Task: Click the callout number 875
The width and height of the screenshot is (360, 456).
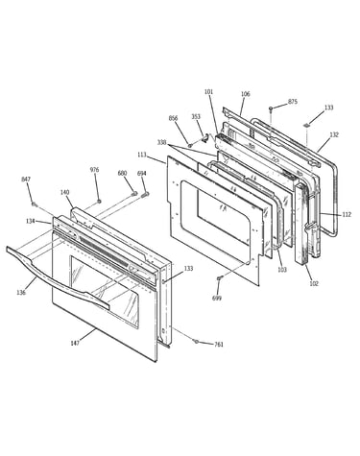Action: [x=293, y=102]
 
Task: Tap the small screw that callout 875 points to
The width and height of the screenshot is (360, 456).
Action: [x=271, y=108]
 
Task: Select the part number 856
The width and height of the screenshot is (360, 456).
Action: [x=173, y=118]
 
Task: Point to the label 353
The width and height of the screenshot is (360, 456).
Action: [x=196, y=116]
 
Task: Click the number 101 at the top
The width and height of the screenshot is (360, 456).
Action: [x=208, y=92]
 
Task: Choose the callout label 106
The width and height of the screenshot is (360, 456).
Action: [x=245, y=94]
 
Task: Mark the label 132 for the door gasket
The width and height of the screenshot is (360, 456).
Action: [x=334, y=135]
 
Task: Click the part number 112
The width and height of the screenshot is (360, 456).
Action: [x=347, y=214]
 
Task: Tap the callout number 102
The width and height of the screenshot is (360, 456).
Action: [x=314, y=283]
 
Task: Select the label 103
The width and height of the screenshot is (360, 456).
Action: [x=282, y=270]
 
